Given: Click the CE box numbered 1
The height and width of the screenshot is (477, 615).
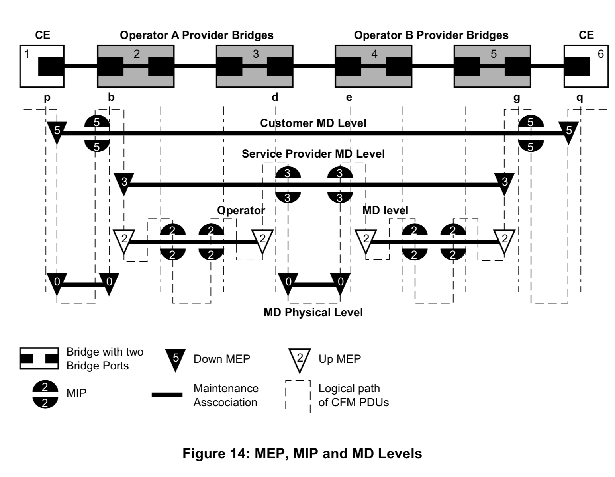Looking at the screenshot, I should tap(42, 66).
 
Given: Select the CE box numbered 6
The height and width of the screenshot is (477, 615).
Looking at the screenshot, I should tap(586, 66).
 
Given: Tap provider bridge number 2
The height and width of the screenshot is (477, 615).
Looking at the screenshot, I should tap(135, 66).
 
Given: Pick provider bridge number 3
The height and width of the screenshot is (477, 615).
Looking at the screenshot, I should tap(255, 66).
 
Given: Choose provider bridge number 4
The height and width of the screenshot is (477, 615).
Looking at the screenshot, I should tap(373, 66).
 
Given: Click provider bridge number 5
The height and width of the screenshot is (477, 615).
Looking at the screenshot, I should tap(492, 66).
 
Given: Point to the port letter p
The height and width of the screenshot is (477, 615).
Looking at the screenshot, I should tap(47, 98).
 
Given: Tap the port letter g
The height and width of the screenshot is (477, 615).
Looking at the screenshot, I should tap(517, 98).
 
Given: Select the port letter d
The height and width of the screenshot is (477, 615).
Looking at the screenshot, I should tap(275, 97).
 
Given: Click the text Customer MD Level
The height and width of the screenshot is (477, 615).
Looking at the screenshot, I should tap(313, 123).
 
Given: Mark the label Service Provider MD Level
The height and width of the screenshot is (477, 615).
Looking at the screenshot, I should tap(313, 154).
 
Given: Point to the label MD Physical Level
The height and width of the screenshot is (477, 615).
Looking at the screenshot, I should tap(313, 312).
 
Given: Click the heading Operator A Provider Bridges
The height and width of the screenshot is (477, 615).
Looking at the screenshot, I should tap(197, 35).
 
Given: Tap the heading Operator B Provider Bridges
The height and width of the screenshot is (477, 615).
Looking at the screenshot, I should tap(431, 35).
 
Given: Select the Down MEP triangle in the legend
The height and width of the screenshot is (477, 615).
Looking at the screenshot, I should tap(175, 359).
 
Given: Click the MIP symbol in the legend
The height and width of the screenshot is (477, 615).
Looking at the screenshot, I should tap(45, 394).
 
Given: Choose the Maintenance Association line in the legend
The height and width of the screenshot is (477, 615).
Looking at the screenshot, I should tap(167, 395).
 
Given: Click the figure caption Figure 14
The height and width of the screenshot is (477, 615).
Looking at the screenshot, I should tap(302, 454).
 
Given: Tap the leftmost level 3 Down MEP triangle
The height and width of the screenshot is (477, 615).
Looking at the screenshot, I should tap(124, 183).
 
